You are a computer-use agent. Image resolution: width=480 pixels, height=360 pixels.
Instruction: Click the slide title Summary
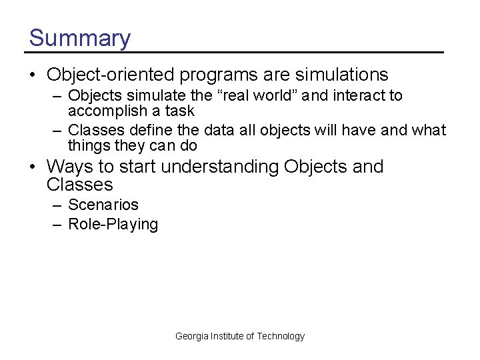point(80,38)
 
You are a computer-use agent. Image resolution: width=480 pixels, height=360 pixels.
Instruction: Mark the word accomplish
point(107,111)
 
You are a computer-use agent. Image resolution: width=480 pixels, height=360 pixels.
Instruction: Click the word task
point(180,111)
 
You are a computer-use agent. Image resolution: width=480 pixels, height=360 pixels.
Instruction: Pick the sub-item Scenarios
point(103,205)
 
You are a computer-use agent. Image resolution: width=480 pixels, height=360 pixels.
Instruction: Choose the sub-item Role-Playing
point(113,225)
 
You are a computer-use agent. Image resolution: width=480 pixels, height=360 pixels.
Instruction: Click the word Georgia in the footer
point(191,336)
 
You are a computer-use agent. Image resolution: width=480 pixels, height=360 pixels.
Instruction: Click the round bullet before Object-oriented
point(33,75)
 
